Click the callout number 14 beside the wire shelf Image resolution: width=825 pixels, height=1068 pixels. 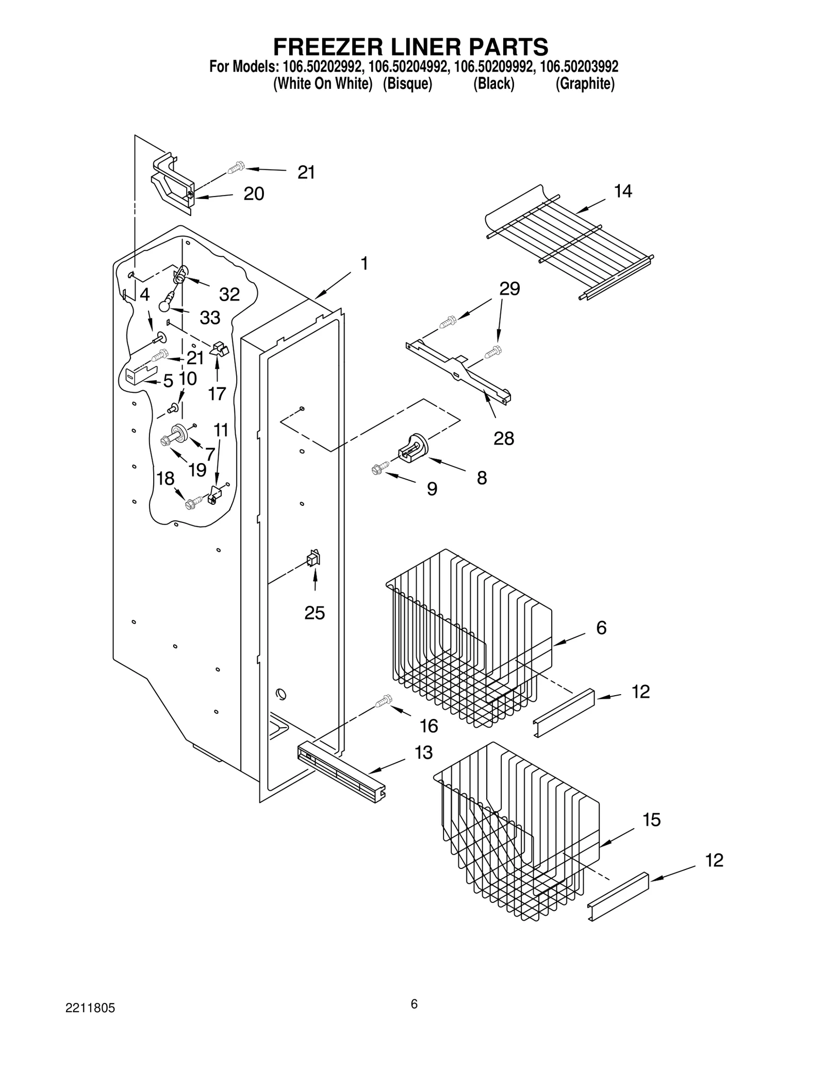pos(622,191)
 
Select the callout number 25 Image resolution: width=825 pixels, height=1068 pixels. pos(315,613)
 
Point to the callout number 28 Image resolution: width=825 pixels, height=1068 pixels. pos(504,438)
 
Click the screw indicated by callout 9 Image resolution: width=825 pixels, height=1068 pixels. pos(377,469)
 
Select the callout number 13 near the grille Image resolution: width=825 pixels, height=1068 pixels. pos(423,752)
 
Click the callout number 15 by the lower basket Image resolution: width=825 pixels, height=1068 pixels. pos(652,819)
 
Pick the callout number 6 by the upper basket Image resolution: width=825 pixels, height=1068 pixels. pos(601,628)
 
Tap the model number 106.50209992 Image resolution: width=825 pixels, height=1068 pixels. pos(494,67)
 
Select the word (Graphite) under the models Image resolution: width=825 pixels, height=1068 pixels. pos(585,84)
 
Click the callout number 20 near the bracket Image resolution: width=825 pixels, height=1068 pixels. pos(254,194)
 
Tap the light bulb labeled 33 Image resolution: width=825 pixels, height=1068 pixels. pos(165,305)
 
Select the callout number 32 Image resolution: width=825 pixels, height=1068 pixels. pos(229,294)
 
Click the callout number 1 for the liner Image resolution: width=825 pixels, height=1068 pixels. pos(364,264)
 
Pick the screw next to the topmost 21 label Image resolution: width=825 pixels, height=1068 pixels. pos(236,168)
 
